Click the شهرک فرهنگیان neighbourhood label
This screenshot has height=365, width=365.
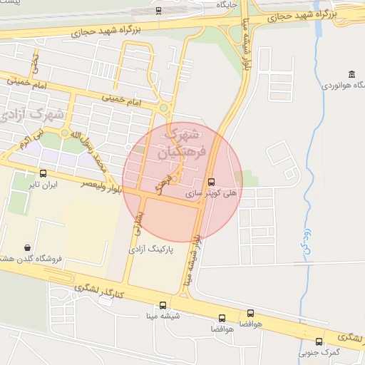coord(182,143)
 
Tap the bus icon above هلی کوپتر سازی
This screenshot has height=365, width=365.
coord(210,181)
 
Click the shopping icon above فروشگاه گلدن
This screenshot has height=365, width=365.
coord(27,247)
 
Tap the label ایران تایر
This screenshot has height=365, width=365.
coord(43,185)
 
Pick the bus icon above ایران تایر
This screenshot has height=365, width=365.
coord(43,173)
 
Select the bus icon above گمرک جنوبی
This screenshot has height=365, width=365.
coord(319,341)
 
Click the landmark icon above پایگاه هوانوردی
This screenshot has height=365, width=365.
coord(351,74)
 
